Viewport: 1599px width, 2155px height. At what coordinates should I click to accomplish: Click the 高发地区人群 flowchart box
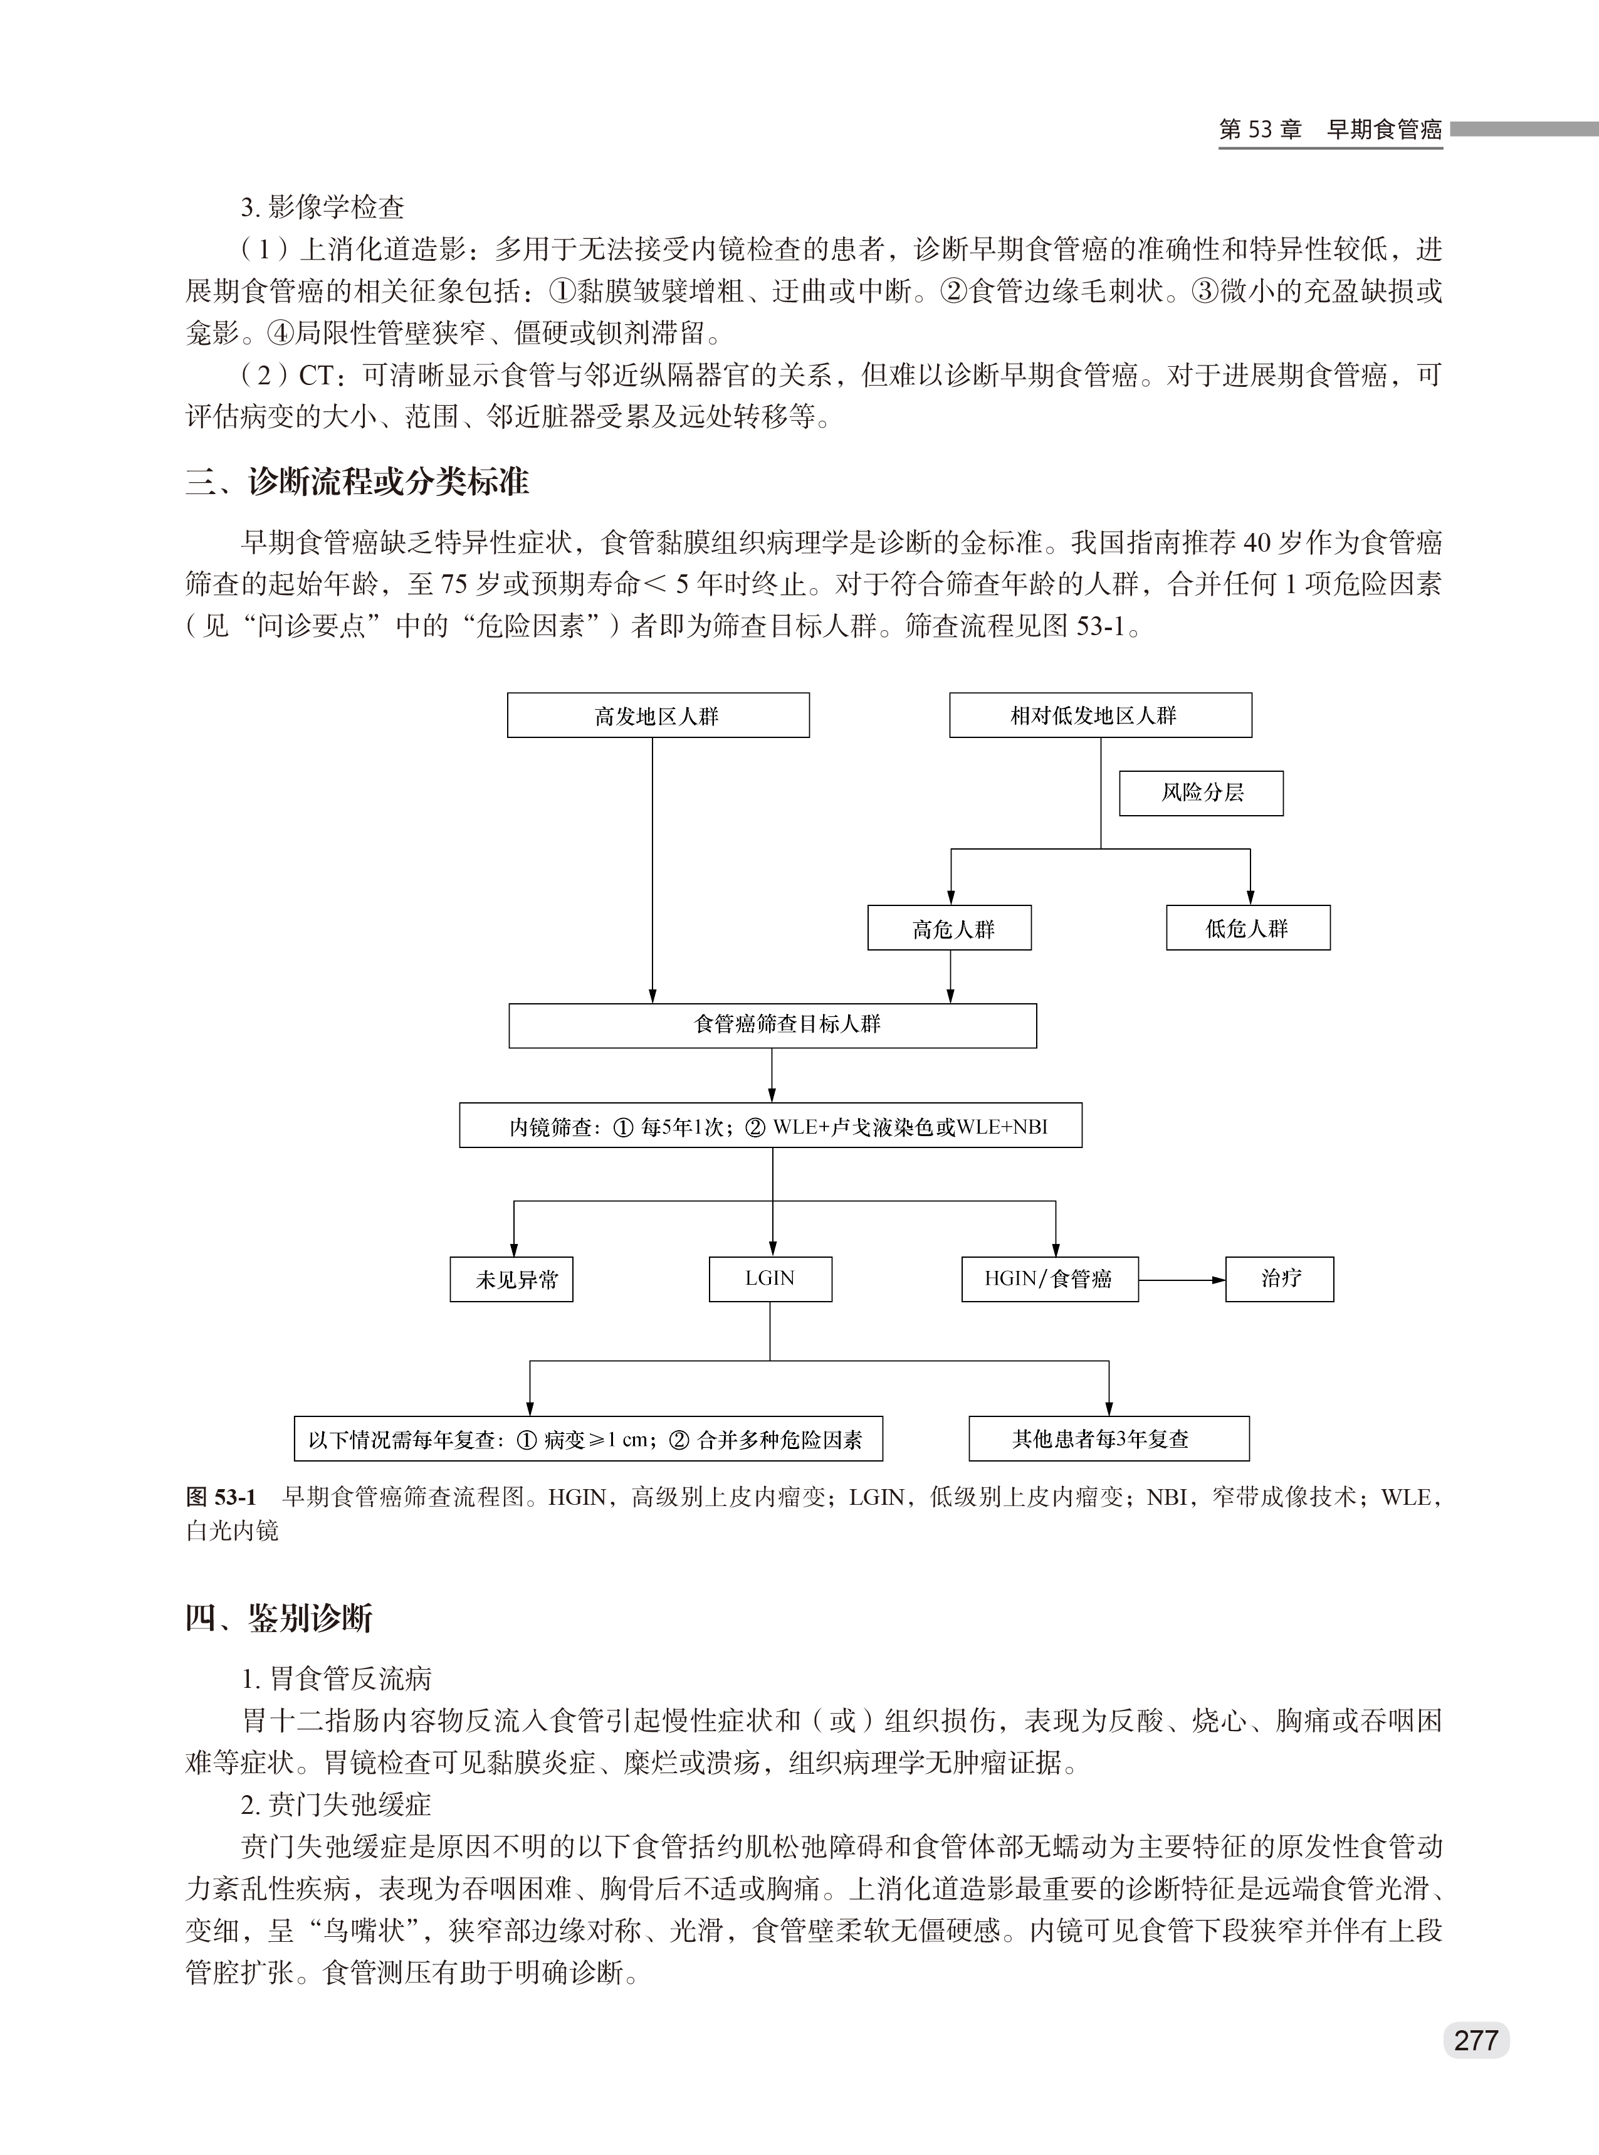(658, 715)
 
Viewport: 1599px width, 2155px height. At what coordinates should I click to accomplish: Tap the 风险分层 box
(1201, 793)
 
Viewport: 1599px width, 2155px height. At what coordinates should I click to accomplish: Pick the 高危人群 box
(950, 929)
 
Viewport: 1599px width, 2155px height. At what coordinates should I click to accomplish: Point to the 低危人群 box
(1247, 929)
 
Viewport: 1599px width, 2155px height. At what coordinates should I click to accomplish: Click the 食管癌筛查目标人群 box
(772, 1025)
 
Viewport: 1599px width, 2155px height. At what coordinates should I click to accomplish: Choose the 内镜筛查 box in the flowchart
(770, 1126)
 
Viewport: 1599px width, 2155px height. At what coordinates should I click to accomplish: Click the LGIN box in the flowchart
(770, 1279)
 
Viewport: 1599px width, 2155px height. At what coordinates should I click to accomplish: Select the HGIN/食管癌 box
(1049, 1279)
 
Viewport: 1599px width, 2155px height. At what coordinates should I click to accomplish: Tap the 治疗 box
(1279, 1279)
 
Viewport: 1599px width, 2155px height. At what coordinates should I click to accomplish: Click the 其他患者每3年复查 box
(1109, 1438)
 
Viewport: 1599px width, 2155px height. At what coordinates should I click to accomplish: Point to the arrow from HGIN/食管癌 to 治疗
(1182, 1280)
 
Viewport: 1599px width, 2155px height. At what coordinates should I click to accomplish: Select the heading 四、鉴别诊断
(279, 1618)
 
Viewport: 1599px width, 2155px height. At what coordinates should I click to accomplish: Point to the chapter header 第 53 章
(1261, 130)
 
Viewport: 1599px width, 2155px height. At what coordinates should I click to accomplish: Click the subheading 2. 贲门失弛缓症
(336, 1805)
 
